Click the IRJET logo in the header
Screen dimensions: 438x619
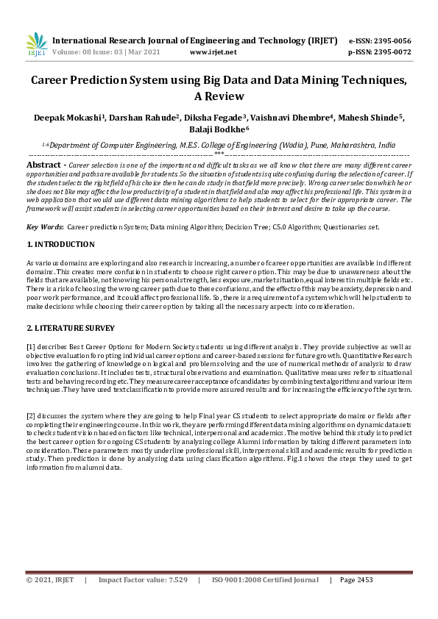(36, 45)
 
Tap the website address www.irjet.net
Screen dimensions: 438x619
(213, 52)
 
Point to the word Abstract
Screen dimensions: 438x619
(43, 165)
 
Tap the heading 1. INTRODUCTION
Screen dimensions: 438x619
(60, 244)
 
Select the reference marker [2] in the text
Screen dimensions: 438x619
(31, 415)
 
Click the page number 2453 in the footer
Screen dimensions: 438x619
(364, 580)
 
